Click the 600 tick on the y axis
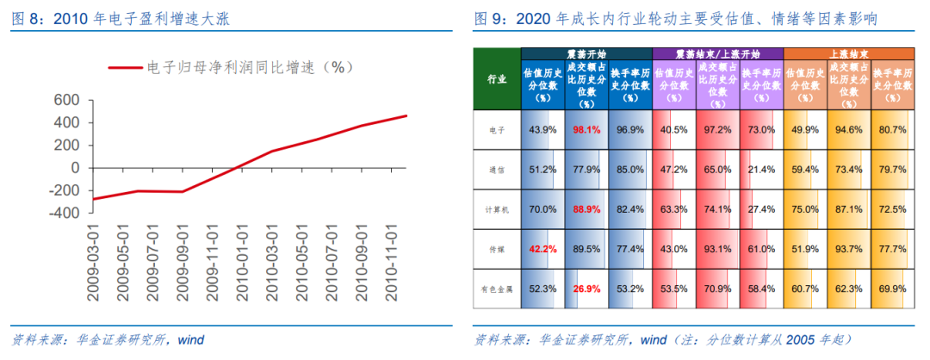point(66,101)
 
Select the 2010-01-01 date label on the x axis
point(244,264)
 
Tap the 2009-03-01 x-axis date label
point(96,264)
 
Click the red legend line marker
point(126,67)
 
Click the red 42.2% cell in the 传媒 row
point(542,249)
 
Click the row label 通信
point(497,170)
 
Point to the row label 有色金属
point(497,289)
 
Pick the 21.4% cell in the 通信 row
point(761,170)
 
